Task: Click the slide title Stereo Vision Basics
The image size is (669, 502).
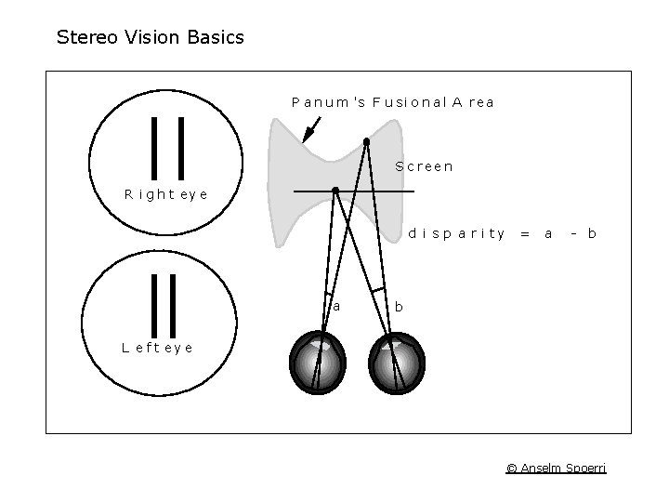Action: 151,38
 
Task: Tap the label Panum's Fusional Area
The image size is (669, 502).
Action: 392,102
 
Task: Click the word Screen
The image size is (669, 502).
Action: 424,167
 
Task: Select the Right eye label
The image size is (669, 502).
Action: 166,195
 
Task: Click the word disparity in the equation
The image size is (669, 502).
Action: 456,234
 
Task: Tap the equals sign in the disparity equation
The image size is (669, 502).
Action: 525,234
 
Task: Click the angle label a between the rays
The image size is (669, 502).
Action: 336,305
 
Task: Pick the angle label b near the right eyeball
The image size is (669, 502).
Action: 399,306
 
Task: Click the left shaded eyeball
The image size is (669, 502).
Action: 318,363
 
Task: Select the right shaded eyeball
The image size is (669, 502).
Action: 399,363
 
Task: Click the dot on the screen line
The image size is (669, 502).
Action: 335,191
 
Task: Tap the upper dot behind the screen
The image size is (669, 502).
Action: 367,141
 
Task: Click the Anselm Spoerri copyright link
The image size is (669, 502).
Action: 556,468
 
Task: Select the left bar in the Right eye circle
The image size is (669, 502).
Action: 155,146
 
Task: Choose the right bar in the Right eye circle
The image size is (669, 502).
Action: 180,146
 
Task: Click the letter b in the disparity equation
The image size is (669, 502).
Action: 591,234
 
